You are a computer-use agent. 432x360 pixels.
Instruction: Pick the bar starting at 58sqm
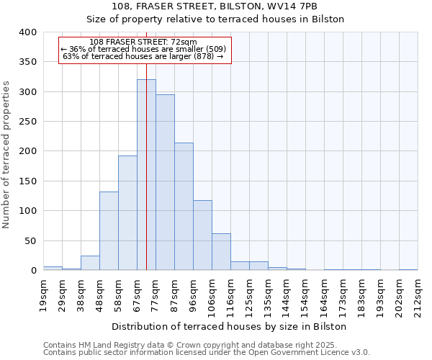tap(127, 213)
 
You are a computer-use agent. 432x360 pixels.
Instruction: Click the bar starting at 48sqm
tap(109, 231)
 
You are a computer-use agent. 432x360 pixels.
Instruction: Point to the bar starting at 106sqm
tap(221, 252)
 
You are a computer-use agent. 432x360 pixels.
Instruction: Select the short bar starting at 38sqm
tap(90, 264)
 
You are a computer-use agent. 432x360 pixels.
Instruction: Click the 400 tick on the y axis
tap(27, 32)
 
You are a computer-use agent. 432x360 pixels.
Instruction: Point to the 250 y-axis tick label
tap(27, 122)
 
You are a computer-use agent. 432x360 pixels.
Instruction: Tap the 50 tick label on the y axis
tap(30, 241)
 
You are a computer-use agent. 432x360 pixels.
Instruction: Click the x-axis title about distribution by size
tap(230, 326)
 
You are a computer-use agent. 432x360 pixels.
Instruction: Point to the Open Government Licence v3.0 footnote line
tap(207, 353)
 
